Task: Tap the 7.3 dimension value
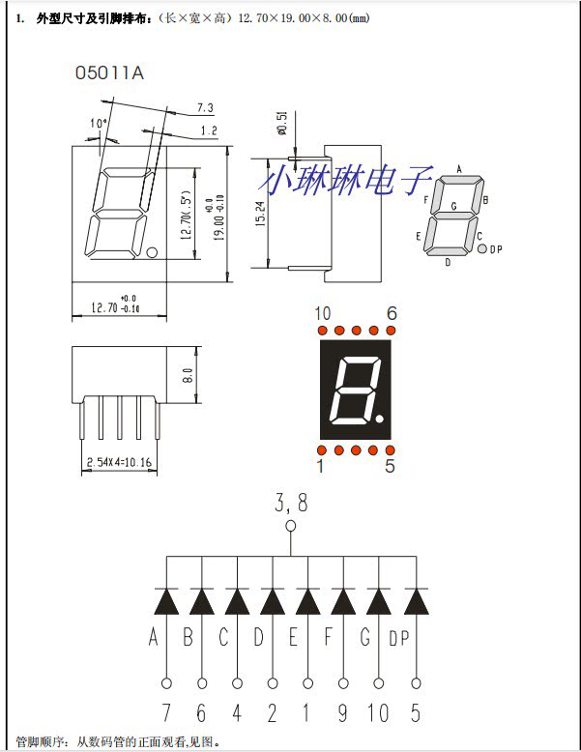(205, 106)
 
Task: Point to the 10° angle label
(98, 124)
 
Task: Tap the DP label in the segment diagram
(497, 249)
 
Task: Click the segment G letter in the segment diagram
(454, 205)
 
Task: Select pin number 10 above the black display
(323, 314)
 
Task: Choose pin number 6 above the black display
(391, 314)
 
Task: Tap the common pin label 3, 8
(290, 504)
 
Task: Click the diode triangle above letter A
(166, 601)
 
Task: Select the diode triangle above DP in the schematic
(416, 601)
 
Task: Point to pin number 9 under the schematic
(343, 713)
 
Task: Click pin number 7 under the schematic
(166, 713)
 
